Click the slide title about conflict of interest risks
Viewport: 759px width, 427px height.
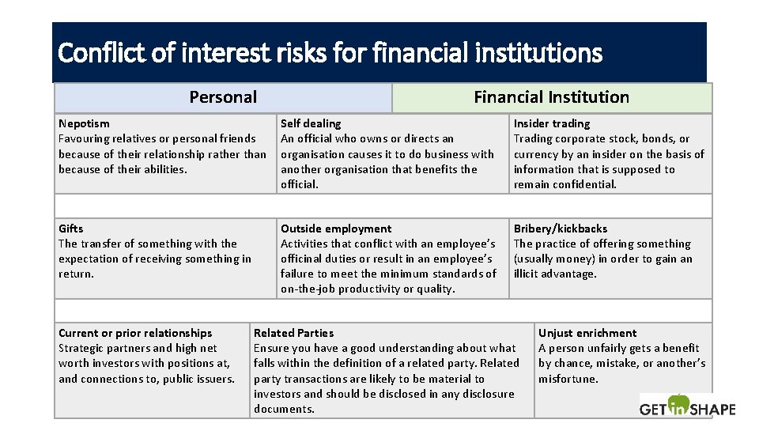click(x=330, y=53)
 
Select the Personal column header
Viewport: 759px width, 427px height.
click(x=223, y=97)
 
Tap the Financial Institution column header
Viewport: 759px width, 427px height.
click(x=551, y=97)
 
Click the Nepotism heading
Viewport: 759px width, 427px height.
click(x=84, y=123)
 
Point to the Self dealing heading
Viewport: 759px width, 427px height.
click(x=311, y=123)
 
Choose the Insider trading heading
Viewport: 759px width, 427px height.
click(x=551, y=123)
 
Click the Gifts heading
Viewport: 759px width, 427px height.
click(x=70, y=229)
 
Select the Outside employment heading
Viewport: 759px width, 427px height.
click(x=336, y=229)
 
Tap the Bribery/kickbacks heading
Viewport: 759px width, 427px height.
click(x=561, y=229)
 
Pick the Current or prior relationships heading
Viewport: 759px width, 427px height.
click(x=135, y=333)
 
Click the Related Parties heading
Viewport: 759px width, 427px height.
click(x=293, y=333)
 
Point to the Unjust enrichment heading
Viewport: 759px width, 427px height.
click(x=587, y=333)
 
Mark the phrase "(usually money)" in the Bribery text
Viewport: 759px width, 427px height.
click(x=554, y=259)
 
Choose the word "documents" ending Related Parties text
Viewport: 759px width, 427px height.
click(x=282, y=409)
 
